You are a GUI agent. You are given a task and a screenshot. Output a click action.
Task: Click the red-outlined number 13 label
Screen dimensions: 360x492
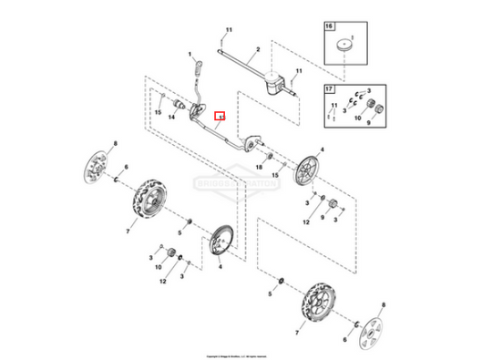tap(219, 117)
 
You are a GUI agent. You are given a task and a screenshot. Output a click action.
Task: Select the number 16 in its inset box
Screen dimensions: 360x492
tap(331, 28)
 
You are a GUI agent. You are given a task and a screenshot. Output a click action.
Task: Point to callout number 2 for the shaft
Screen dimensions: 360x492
tap(258, 47)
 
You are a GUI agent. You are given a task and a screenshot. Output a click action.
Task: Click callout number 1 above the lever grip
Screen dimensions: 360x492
tap(190, 56)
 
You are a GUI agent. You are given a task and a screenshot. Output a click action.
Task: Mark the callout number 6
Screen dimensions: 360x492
tap(126, 168)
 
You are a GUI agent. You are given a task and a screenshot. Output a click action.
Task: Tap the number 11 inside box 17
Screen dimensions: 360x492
tap(333, 106)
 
